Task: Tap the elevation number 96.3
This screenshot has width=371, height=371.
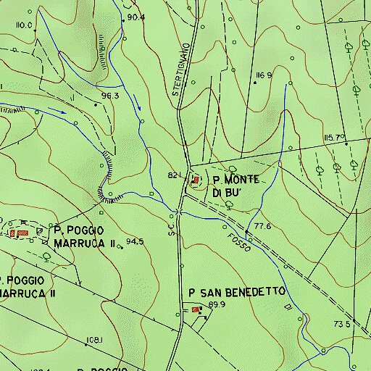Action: (110, 95)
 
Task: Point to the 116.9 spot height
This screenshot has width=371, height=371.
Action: (264, 75)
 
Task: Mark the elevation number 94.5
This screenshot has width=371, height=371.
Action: (135, 241)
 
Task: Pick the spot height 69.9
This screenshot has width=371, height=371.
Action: (217, 305)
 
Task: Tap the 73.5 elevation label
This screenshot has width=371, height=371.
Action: (343, 323)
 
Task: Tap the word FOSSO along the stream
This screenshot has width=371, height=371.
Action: (240, 242)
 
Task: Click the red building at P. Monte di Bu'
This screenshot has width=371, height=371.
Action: (196, 179)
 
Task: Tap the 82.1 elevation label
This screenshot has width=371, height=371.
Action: (174, 176)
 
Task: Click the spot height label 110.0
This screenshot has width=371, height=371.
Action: (25, 25)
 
